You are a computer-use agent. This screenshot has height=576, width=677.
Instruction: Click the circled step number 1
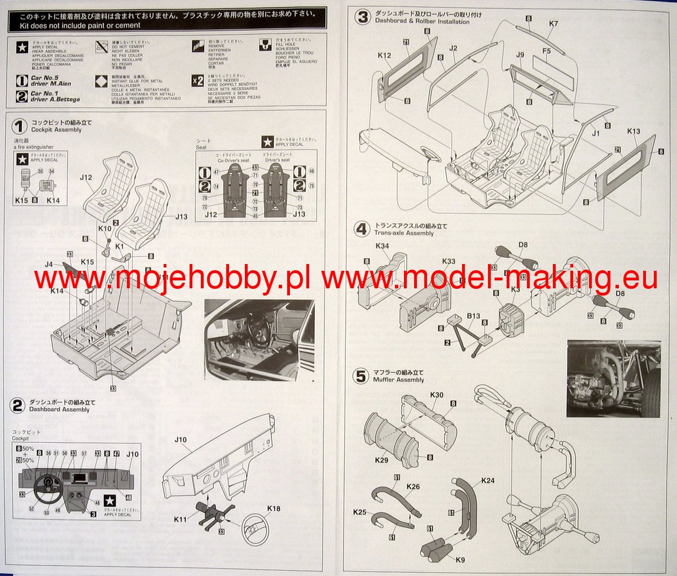click(20, 126)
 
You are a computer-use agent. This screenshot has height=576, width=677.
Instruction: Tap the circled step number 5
click(361, 376)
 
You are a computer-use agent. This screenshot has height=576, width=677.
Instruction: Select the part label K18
click(274, 509)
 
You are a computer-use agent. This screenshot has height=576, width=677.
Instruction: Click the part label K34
click(382, 246)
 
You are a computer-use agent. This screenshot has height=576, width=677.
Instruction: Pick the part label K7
click(553, 24)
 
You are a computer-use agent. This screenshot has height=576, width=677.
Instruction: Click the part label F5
click(546, 51)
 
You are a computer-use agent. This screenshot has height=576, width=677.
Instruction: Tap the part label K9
click(460, 560)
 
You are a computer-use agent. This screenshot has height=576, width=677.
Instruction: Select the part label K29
click(381, 460)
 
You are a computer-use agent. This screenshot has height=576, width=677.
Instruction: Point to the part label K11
click(181, 520)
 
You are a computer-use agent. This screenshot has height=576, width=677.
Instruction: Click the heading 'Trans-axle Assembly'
click(404, 233)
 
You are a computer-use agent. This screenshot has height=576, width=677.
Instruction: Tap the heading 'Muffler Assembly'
click(398, 380)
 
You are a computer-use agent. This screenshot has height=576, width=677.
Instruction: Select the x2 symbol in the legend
click(197, 81)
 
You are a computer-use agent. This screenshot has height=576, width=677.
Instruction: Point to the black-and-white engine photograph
click(613, 378)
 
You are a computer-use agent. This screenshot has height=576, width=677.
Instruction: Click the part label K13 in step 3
click(634, 131)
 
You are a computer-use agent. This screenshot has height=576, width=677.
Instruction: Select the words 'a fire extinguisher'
click(34, 147)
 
